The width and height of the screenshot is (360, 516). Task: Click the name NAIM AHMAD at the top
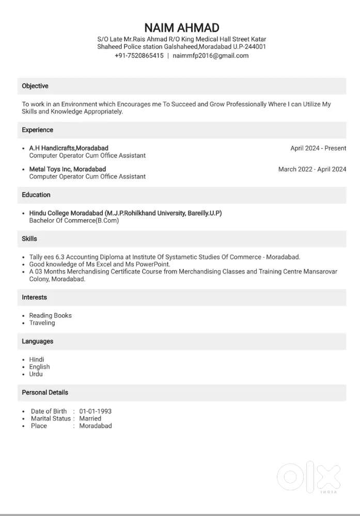coord(182,27)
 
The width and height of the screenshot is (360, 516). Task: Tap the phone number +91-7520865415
coord(139,56)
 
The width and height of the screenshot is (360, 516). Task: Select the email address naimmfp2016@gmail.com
coord(211,56)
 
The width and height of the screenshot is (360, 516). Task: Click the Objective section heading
coord(35,86)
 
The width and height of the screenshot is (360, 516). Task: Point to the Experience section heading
coord(37,130)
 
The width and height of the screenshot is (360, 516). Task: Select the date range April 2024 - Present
coord(318,148)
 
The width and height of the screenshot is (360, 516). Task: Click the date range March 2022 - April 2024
coord(312,169)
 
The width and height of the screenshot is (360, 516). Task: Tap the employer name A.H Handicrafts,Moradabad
coord(69,148)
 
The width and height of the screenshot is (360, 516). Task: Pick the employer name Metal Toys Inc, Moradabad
coord(67,169)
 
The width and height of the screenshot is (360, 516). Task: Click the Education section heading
coord(36,195)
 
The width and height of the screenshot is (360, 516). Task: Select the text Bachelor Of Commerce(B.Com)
coord(74,220)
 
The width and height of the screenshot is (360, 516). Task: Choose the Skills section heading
coord(29,239)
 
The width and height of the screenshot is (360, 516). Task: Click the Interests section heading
coord(34,298)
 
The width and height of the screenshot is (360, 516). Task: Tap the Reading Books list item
coord(50,315)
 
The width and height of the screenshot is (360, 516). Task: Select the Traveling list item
coord(42,323)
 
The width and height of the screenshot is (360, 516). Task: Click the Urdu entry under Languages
coord(36,374)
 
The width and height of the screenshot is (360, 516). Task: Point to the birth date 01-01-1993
coord(95,411)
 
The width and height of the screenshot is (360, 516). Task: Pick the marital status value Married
coord(90,418)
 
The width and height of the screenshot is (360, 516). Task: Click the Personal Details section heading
coord(45,393)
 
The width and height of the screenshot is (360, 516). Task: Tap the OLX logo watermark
coord(309,475)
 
